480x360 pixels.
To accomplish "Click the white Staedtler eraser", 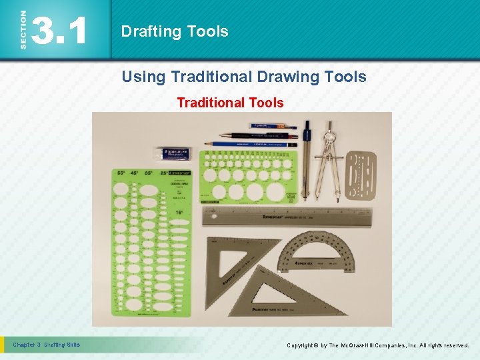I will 173,153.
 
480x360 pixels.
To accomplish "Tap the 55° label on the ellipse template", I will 121,173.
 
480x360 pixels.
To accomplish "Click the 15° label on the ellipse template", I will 179,213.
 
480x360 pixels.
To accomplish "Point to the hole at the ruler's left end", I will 213,216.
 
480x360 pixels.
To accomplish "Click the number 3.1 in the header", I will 60,31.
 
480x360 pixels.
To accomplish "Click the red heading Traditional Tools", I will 230,103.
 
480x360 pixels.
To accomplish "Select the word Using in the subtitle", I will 143,77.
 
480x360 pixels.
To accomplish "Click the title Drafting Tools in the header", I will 175,31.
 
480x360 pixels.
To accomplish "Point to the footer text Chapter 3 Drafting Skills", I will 47,345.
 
